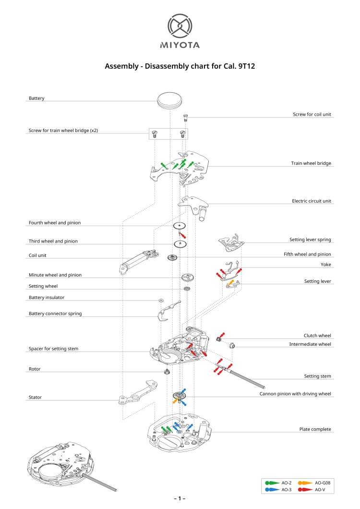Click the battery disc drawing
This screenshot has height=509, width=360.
click(170, 100)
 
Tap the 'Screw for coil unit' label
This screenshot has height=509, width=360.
click(312, 114)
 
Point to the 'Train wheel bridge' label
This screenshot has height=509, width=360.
click(311, 163)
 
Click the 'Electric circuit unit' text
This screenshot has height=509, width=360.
click(312, 201)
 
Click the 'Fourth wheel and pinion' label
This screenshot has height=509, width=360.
click(55, 223)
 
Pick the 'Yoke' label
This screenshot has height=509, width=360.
click(326, 265)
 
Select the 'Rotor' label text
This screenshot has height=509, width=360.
click(35, 369)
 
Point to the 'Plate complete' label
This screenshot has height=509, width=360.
click(315, 429)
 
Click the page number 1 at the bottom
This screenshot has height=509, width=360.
click(180, 499)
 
